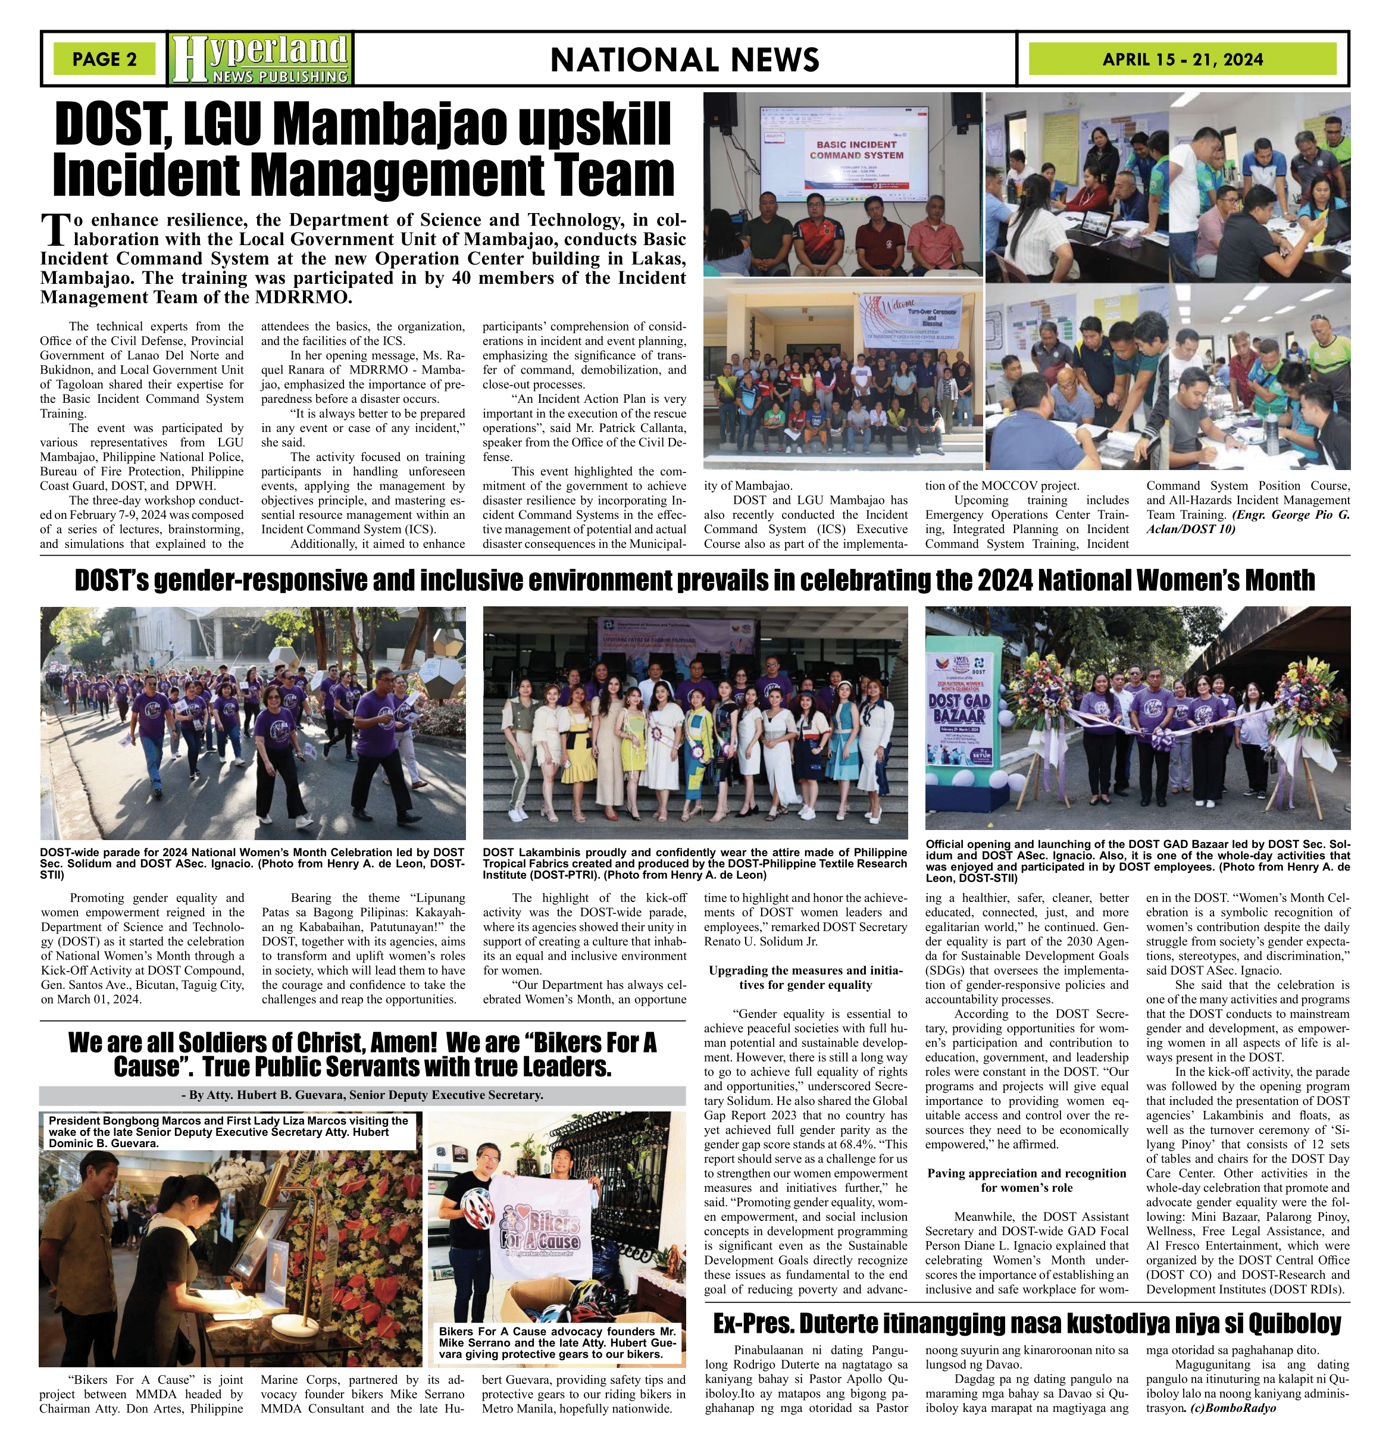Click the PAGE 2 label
(x=104, y=59)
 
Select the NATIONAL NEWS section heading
(x=684, y=59)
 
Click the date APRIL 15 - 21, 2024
(x=1182, y=59)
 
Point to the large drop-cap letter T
(x=55, y=229)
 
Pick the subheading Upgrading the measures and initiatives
(x=805, y=977)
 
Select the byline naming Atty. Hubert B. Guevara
(x=362, y=1095)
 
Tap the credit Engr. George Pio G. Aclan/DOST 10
(x=1248, y=522)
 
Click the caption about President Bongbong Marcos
(x=228, y=1131)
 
